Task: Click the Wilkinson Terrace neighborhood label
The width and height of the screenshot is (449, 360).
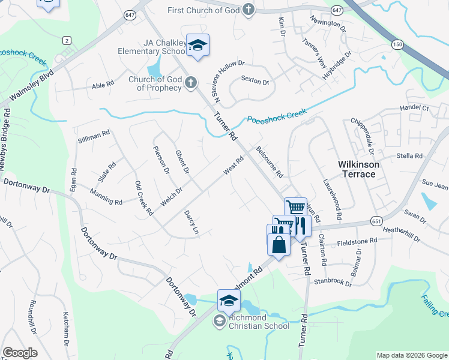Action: click(x=356, y=169)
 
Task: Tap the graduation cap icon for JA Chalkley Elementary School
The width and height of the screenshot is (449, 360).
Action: click(x=197, y=45)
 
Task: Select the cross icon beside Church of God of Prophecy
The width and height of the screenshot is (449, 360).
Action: click(x=190, y=83)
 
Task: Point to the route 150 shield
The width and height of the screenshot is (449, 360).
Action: click(x=397, y=44)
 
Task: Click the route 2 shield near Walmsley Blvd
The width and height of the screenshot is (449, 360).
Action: click(x=66, y=40)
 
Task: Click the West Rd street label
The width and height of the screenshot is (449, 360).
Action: click(x=233, y=166)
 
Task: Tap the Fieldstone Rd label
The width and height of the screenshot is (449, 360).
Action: click(x=357, y=241)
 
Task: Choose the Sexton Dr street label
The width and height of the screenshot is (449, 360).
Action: click(x=255, y=79)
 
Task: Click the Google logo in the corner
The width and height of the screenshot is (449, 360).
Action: click(x=20, y=353)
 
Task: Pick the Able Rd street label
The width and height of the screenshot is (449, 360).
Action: click(x=103, y=85)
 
